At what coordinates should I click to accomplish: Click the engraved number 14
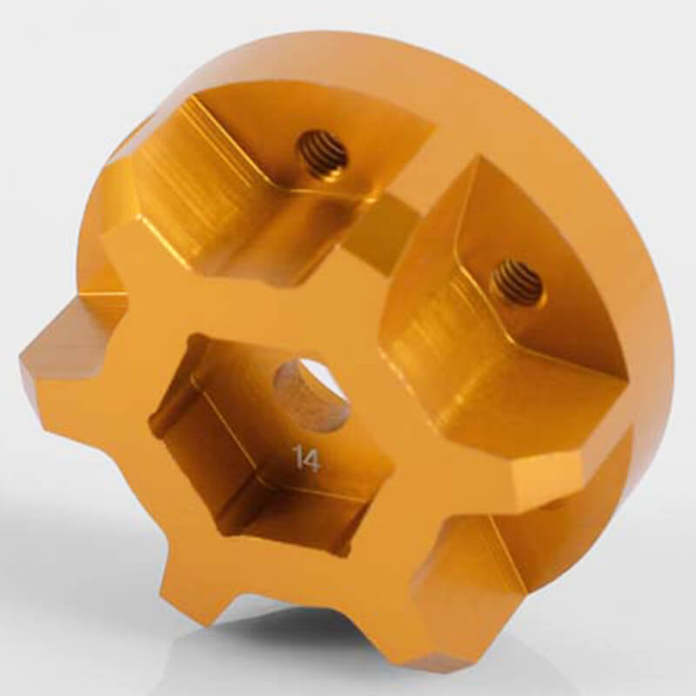coord(306,458)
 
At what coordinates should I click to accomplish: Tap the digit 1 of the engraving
coord(298,458)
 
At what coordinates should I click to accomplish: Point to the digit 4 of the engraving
coord(312,458)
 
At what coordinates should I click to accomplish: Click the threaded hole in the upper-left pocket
coord(323,154)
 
